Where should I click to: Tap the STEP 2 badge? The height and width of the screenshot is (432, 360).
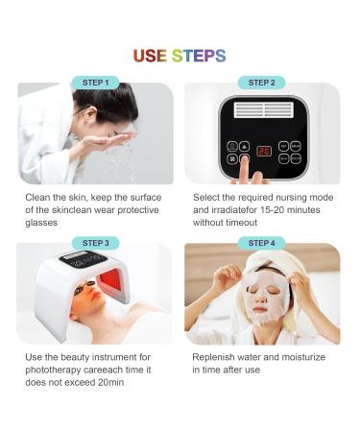pos(261,83)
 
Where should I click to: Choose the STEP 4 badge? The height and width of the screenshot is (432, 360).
pos(261,243)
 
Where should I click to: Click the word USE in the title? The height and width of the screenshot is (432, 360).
pos(150,56)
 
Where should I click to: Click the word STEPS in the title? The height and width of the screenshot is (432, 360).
pos(199,56)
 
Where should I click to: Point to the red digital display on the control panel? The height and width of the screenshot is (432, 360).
pos(263,151)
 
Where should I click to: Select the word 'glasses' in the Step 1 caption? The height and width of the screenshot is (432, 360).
pos(43,222)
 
